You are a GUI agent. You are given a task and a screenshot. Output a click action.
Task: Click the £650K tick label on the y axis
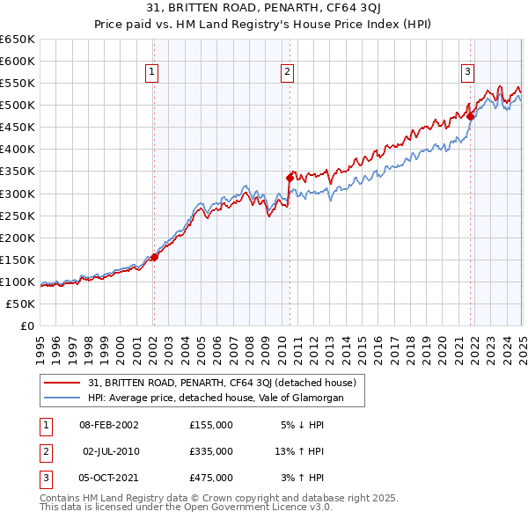pos(18,40)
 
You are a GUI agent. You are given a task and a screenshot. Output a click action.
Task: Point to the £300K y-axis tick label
pos(18,194)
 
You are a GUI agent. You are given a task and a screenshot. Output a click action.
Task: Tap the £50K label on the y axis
pos(21,303)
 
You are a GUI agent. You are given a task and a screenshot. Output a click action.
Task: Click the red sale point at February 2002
pos(154,257)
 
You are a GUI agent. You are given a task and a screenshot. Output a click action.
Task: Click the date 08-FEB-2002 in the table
pos(109,424)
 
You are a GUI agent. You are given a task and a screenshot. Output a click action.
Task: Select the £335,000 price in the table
pos(211,451)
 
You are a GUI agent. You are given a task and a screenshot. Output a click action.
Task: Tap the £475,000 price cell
pos(211,478)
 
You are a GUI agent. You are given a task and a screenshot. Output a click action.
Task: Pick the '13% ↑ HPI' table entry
pos(299,451)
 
